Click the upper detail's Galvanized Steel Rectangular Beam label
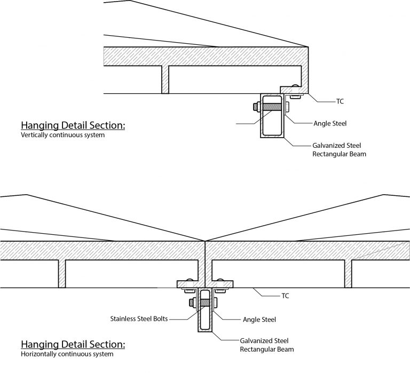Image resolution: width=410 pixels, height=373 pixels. click(x=339, y=149)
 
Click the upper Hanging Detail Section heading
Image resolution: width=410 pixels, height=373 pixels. click(x=73, y=126)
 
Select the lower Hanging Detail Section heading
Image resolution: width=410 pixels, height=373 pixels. click(x=73, y=344)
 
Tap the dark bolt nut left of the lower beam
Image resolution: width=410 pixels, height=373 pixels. click(x=191, y=303)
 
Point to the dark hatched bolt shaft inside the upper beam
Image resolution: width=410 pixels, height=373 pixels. click(x=272, y=107)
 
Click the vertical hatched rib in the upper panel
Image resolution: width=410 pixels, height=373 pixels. click(x=165, y=80)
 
